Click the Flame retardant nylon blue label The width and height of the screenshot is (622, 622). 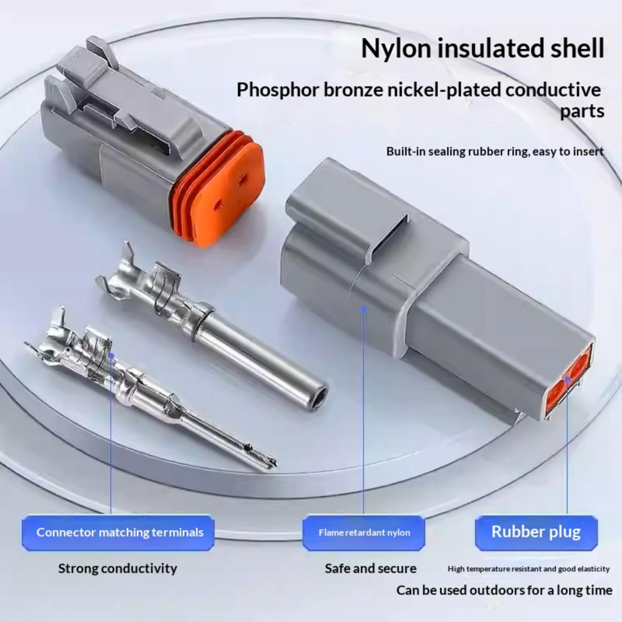(x=364, y=533)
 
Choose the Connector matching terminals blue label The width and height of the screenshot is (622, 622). (x=118, y=533)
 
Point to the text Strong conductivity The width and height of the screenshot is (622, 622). (x=117, y=569)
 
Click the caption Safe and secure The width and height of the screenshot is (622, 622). (x=370, y=569)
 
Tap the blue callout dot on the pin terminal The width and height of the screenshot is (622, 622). (x=111, y=355)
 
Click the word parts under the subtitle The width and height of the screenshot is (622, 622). (x=582, y=112)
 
